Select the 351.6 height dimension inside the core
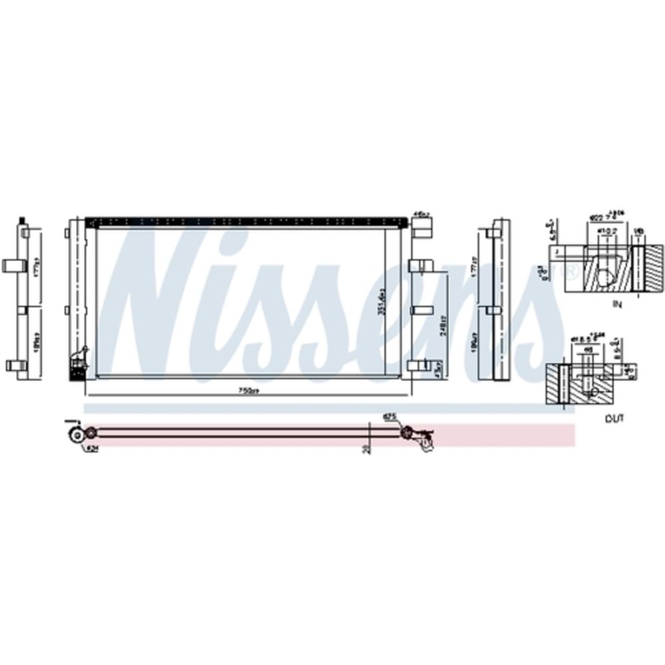(x=381, y=303)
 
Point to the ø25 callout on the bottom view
(x=390, y=417)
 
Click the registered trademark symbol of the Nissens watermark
(x=569, y=271)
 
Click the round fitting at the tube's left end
(x=77, y=435)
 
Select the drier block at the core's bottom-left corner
(x=77, y=364)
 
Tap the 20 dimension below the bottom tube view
(x=365, y=450)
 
